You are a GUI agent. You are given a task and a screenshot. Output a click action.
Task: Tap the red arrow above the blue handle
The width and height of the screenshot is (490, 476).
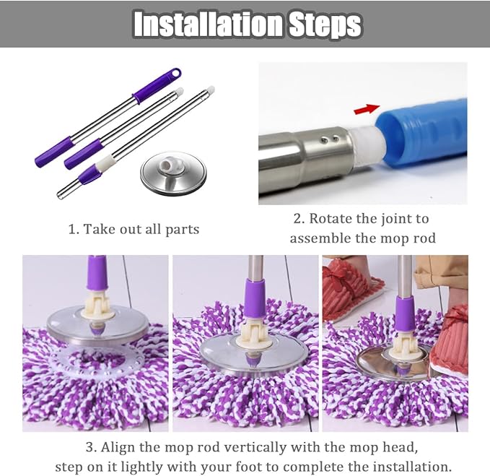tap(367, 109)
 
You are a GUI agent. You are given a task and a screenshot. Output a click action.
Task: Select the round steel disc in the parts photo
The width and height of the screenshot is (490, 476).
tap(173, 174)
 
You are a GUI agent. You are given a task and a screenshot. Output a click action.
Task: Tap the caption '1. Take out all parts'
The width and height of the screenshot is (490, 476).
tap(134, 229)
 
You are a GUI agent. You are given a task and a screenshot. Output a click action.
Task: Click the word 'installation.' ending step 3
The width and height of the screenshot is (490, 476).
tap(411, 466)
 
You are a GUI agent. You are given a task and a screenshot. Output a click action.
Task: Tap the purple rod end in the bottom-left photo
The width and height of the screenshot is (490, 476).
tap(96, 275)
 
